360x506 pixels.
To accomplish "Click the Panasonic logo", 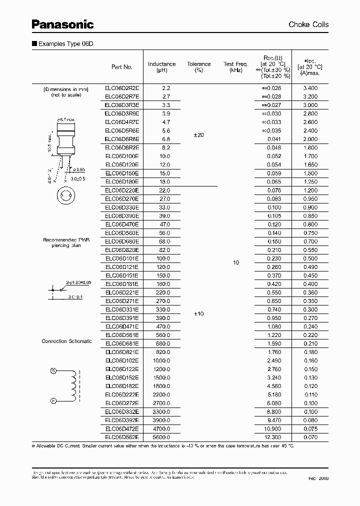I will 62,24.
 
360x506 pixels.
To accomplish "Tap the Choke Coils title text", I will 308,24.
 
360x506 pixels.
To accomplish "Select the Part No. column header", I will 122,67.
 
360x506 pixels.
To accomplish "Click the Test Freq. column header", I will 236,67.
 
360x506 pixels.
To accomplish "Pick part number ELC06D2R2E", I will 122,87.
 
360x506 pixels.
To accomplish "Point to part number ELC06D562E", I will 122,437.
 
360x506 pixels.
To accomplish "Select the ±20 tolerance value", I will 199,135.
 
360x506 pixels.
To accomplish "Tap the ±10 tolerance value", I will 199,313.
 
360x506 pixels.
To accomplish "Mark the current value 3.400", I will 310,87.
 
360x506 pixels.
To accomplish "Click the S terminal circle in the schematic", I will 53,370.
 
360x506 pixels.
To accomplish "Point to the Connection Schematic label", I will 66,341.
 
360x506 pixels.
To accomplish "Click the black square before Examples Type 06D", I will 34,44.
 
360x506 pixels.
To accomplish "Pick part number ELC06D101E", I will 122,258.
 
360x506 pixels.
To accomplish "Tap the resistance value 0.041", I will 274,139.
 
